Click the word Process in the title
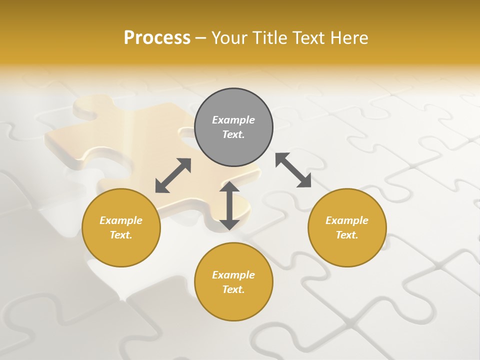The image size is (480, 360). pyautogui.click(x=157, y=38)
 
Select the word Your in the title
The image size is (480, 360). pyautogui.click(x=229, y=38)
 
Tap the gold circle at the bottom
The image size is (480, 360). pyautogui.click(x=233, y=305)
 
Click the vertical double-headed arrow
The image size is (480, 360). pyautogui.click(x=229, y=205)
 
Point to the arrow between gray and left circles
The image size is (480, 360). pyautogui.click(x=173, y=175)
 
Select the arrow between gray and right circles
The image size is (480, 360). pyautogui.click(x=293, y=170)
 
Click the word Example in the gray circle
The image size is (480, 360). pyautogui.click(x=233, y=120)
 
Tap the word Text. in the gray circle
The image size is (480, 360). pyautogui.click(x=233, y=134)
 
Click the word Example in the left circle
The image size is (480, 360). pyautogui.click(x=121, y=220)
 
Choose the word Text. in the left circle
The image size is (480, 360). pyautogui.click(x=121, y=235)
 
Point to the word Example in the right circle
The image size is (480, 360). pyautogui.click(x=347, y=220)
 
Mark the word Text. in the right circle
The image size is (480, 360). pyautogui.click(x=347, y=235)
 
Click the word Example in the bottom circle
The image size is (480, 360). pyautogui.click(x=233, y=275)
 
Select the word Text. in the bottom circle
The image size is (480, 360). pyautogui.click(x=233, y=289)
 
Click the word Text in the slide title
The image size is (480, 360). pyautogui.click(x=307, y=38)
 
